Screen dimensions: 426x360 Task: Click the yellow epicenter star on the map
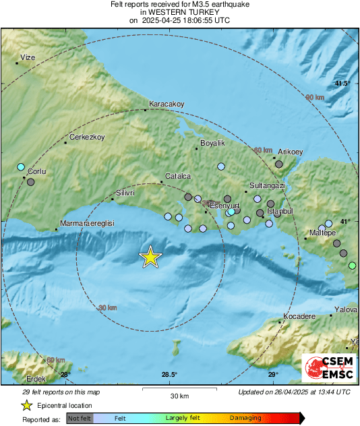[x=150, y=257]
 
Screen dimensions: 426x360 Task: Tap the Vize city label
[x=27, y=58]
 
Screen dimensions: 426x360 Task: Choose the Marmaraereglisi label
[x=88, y=223]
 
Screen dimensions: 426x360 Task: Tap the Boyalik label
[x=212, y=143]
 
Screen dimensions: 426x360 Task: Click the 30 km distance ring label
[x=107, y=307]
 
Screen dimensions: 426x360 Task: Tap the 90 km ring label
[x=315, y=98]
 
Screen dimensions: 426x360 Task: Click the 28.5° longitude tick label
[x=169, y=375]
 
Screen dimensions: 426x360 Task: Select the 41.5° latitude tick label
[x=343, y=84]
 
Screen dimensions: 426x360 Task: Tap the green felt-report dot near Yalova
[x=351, y=266]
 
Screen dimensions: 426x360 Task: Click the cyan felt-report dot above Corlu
[x=21, y=166]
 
